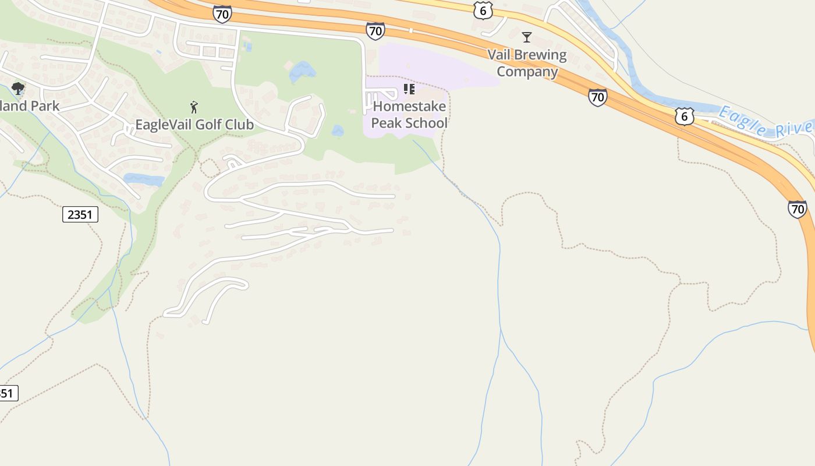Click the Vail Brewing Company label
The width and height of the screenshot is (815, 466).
(527, 63)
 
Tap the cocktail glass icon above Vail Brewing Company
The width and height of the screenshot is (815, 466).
(527, 37)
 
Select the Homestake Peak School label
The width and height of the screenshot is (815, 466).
(409, 115)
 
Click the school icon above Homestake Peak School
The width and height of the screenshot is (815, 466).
(409, 89)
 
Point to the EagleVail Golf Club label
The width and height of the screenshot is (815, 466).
(194, 125)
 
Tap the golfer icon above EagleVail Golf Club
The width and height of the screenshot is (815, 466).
(194, 107)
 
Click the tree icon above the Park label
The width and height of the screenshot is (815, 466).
(18, 89)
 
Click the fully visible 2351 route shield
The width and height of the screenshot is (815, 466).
(80, 214)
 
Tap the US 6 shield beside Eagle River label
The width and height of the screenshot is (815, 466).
(685, 116)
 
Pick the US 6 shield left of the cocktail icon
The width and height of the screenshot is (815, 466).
(483, 10)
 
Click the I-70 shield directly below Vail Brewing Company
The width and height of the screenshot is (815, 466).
(597, 97)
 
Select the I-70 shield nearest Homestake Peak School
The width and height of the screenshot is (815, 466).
(375, 30)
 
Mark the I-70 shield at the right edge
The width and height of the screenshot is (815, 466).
(798, 209)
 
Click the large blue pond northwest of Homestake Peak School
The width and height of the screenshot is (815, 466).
(302, 72)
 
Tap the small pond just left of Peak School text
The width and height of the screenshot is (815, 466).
(338, 131)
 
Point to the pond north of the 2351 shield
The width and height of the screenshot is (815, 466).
(144, 179)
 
